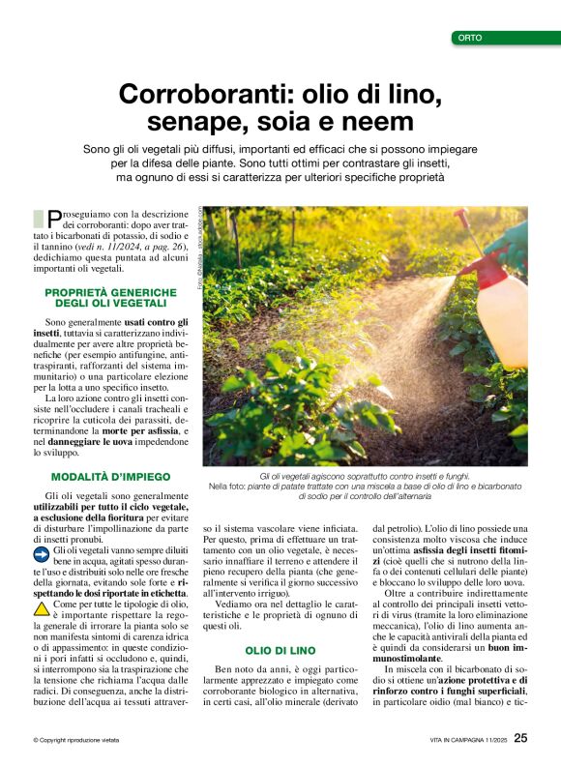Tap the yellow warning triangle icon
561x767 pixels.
click(42, 608)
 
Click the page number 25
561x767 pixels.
click(520, 738)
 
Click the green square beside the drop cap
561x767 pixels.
click(38, 219)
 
